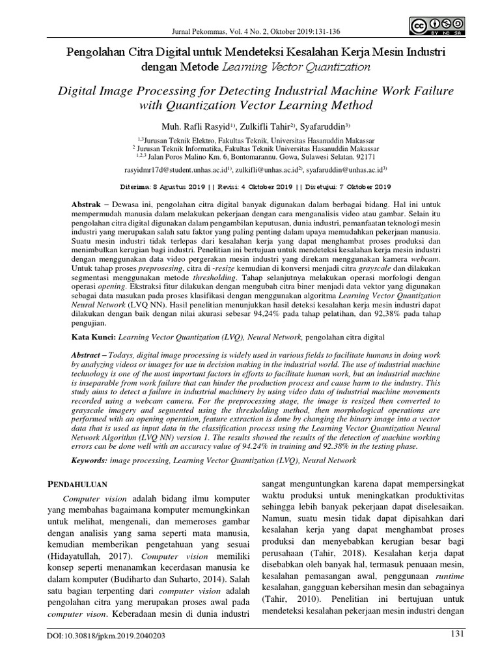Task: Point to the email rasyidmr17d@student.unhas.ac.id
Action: (174, 169)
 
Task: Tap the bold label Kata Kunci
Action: (93, 337)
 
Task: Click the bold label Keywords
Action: (89, 461)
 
